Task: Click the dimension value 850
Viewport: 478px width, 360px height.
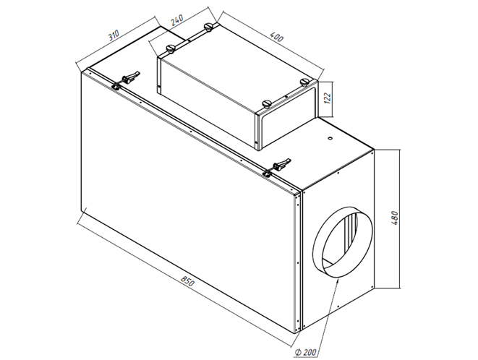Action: [x=187, y=283]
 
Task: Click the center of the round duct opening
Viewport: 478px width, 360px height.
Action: [x=343, y=244]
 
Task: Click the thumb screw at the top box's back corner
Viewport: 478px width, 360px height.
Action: [x=210, y=27]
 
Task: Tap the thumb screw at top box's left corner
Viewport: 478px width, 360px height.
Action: [x=171, y=49]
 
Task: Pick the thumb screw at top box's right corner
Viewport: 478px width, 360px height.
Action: [x=304, y=81]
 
